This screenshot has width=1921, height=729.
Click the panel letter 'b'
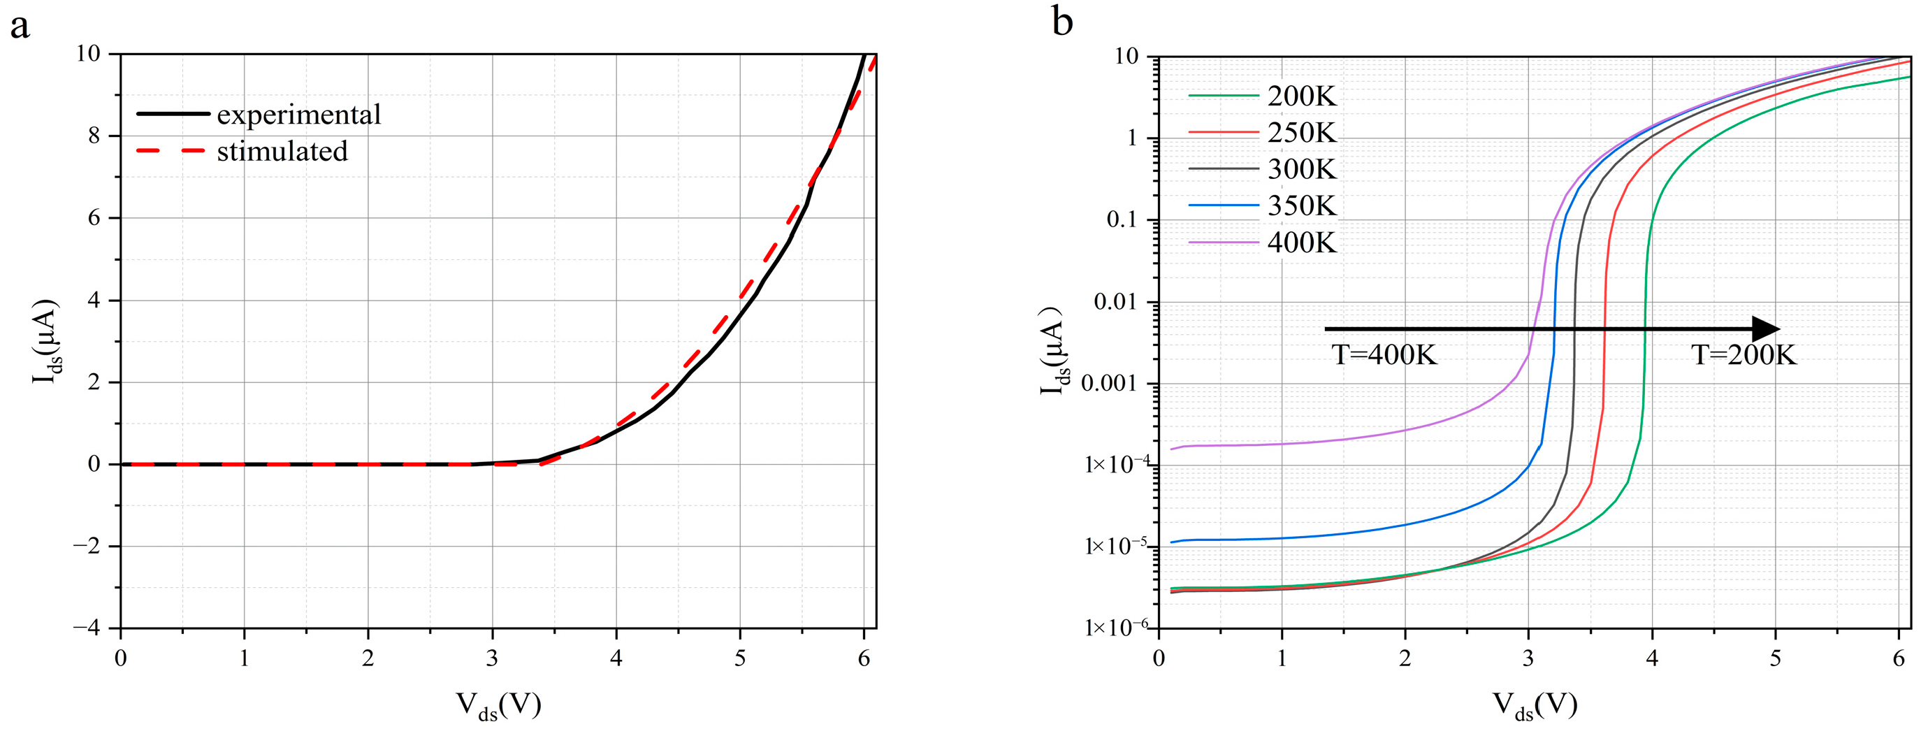[x=1062, y=22]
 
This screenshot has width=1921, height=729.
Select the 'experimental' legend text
[x=299, y=114]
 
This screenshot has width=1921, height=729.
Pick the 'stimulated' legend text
[x=282, y=152]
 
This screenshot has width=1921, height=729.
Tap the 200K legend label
[x=1302, y=96]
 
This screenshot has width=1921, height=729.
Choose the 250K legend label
[x=1302, y=133]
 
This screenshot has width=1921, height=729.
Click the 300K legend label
[x=1302, y=169]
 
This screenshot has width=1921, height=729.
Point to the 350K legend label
[x=1302, y=205]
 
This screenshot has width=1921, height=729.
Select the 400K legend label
[x=1302, y=243]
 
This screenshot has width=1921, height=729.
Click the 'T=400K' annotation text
[x=1384, y=354]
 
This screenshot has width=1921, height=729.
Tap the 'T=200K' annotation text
[x=1744, y=354]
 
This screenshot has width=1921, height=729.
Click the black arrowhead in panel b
[x=1766, y=329]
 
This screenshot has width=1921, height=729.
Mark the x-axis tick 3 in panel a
[x=492, y=659]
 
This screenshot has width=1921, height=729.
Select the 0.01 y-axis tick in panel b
[x=1119, y=302]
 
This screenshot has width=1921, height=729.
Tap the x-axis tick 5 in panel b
[x=1776, y=659]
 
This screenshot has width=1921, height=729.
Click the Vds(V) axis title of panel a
[x=498, y=705]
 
